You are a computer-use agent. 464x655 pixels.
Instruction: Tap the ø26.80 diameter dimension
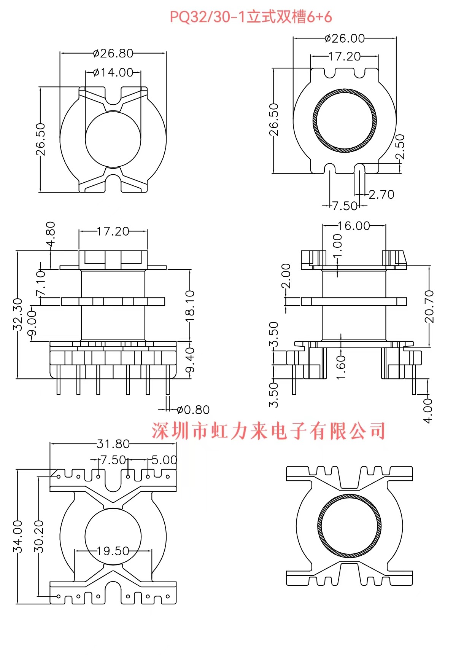113,53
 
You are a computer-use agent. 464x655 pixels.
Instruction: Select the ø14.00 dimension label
113,72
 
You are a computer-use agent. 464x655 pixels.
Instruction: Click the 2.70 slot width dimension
381,195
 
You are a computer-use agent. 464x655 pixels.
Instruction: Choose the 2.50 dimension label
400,147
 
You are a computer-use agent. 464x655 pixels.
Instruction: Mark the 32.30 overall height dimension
17,314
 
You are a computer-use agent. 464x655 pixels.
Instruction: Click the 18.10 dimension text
190,305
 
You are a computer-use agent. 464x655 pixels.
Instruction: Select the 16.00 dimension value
354,226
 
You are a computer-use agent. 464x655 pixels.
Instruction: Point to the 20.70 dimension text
429,306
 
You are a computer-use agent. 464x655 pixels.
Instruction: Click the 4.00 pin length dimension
428,411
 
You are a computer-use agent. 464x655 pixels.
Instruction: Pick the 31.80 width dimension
113,444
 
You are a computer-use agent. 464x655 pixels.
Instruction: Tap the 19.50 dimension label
113,551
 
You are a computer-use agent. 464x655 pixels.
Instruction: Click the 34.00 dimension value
17,536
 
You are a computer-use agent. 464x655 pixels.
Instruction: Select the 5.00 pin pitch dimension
164,460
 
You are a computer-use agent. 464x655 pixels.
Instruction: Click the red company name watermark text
269,431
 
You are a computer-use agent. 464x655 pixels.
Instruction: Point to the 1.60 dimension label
341,367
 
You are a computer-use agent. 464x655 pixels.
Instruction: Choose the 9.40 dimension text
190,360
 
